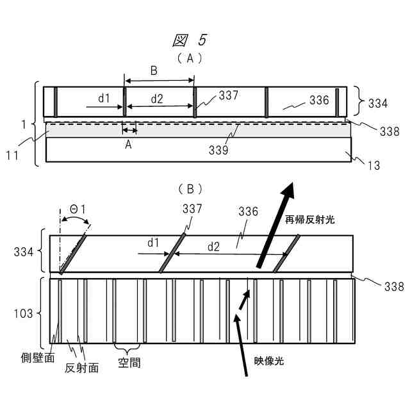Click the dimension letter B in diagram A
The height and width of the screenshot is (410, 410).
(154, 71)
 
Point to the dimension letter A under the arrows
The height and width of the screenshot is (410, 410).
(128, 145)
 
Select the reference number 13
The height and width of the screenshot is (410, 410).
(373, 165)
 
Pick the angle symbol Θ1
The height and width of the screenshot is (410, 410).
(78, 209)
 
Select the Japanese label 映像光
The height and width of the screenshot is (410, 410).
(268, 361)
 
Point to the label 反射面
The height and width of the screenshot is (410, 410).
(83, 368)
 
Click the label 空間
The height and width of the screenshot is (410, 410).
(129, 363)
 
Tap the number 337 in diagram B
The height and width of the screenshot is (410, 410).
(192, 209)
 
